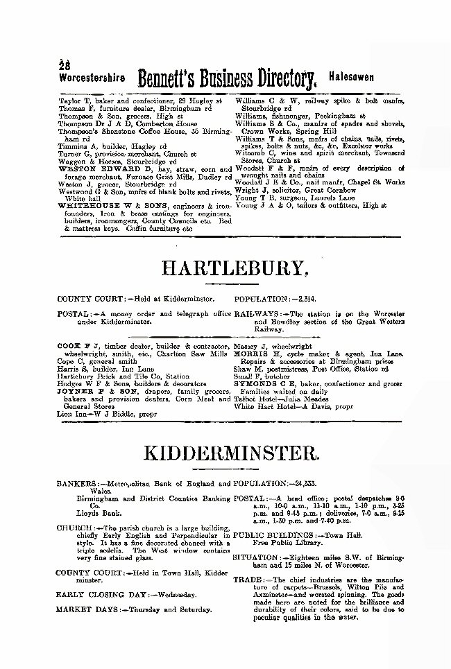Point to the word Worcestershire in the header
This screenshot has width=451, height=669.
(x=92, y=78)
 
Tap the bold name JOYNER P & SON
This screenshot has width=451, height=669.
(x=85, y=372)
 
